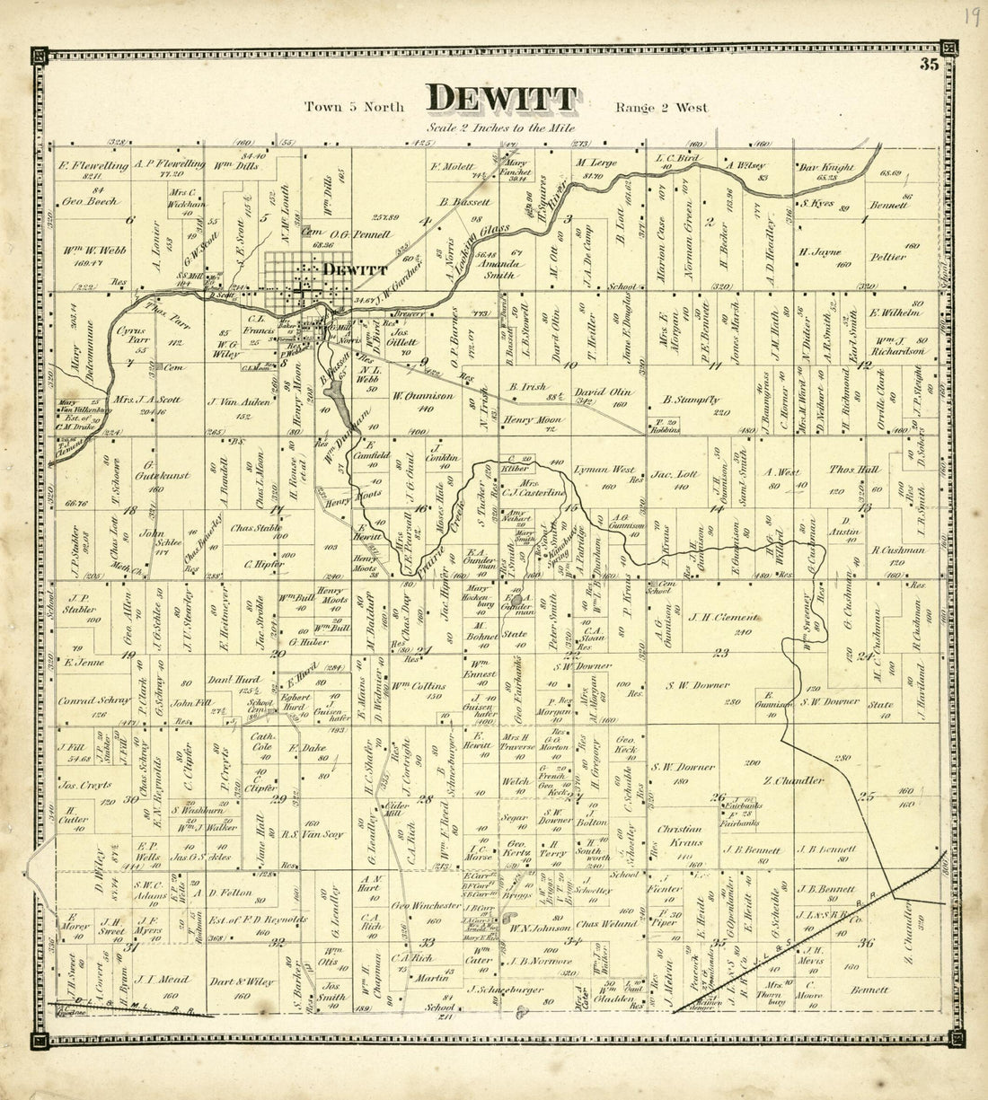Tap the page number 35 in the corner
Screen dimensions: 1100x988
[x=928, y=64]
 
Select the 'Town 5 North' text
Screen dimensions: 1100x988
[x=354, y=107]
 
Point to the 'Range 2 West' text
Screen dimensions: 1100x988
[x=661, y=108]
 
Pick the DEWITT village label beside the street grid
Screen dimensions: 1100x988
[x=355, y=268]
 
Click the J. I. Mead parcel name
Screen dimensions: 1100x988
[x=158, y=981]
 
